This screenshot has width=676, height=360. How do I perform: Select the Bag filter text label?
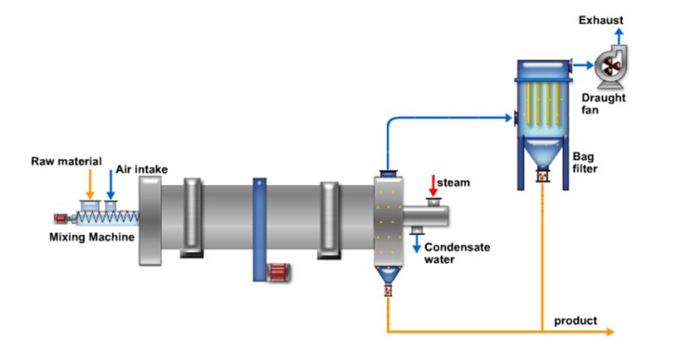(x=586, y=161)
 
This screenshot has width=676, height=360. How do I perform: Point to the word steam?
(x=455, y=182)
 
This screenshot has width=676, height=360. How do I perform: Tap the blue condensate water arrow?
(x=417, y=243)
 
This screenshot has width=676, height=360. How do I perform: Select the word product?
(x=575, y=321)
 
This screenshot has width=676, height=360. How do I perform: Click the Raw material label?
(x=67, y=161)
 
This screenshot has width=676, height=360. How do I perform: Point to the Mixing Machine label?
(x=91, y=237)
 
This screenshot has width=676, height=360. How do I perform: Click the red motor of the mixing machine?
(x=62, y=217)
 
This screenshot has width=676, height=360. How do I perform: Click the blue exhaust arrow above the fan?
(x=619, y=35)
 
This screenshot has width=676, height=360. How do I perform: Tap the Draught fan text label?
(x=603, y=103)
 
